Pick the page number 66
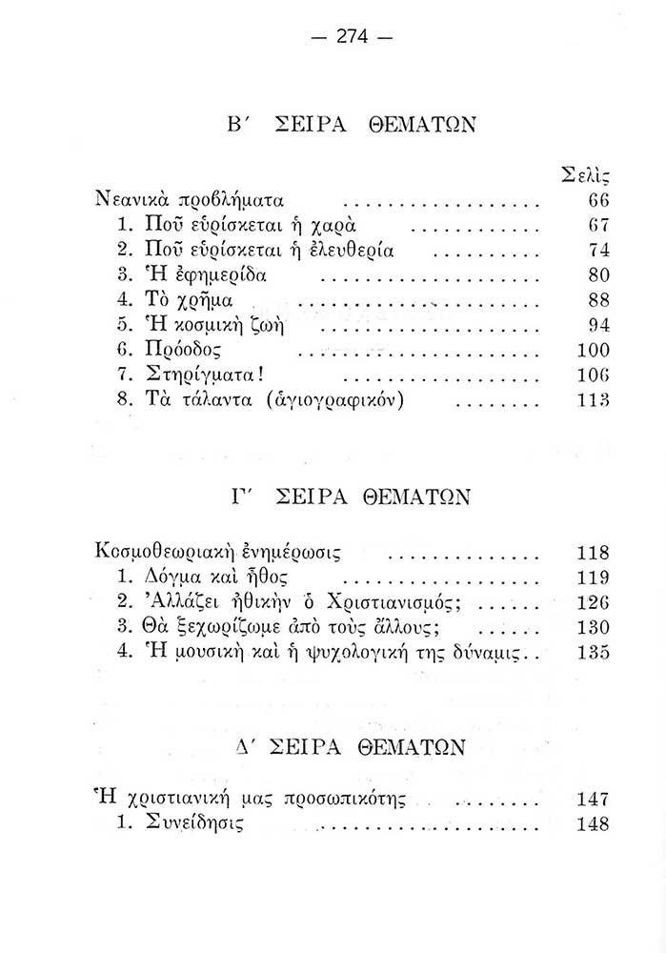(x=598, y=201)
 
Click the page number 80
(x=598, y=276)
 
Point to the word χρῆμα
(x=207, y=301)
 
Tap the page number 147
(x=594, y=800)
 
